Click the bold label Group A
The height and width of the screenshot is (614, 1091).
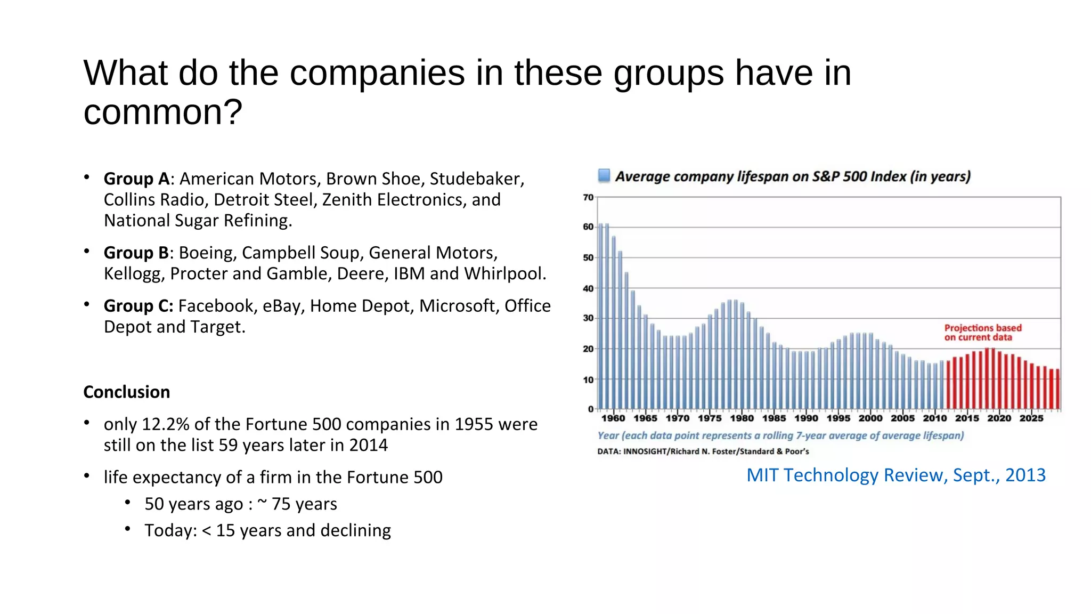136,179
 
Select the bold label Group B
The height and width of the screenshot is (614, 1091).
136,253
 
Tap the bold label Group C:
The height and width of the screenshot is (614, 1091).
139,306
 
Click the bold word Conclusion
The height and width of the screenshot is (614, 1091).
127,392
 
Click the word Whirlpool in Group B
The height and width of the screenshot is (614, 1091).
504,274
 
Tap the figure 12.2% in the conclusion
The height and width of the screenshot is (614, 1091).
166,424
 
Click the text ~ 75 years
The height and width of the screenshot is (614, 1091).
297,504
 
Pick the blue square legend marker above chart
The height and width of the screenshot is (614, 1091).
604,175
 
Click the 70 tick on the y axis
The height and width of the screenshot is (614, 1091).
588,198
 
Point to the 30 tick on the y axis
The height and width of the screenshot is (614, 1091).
588,318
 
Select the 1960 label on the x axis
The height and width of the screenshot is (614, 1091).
613,418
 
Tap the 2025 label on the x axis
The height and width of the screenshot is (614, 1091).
1031,418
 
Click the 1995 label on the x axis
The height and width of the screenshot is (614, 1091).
838,418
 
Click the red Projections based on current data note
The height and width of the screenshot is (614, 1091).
982,333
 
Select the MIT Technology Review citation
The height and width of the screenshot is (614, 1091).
896,475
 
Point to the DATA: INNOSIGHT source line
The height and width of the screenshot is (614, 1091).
703,451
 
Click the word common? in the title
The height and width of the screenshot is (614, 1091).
163,112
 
